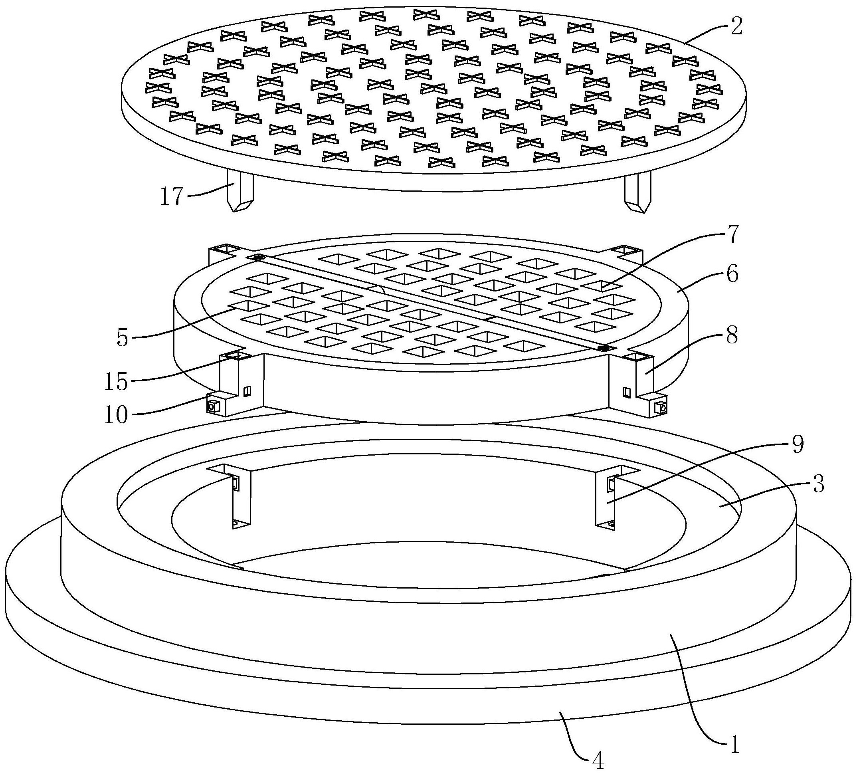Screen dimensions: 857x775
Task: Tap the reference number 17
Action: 171,196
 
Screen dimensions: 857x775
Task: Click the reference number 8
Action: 732,335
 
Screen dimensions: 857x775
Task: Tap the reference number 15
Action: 116,381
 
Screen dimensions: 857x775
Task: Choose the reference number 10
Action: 116,414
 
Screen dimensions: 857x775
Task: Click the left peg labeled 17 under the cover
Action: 240,190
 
